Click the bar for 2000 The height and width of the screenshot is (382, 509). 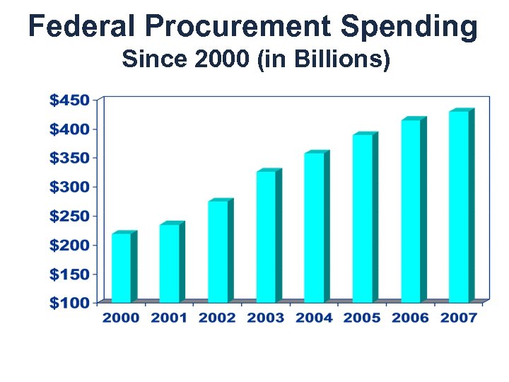pyautogui.click(x=122, y=267)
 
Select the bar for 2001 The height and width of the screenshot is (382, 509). pyautogui.click(x=170, y=263)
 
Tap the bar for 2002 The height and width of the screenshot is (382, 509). pyautogui.click(x=218, y=251)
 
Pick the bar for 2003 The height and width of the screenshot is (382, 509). pyautogui.click(x=266, y=236)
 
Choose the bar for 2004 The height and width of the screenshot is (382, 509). pyautogui.click(x=314, y=227)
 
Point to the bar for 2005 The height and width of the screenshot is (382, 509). pyautogui.click(x=362, y=218)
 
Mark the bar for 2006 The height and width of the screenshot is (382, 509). pyautogui.click(x=410, y=210)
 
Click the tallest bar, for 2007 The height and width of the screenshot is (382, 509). pyautogui.click(x=458, y=206)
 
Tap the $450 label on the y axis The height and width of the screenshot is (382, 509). pyautogui.click(x=69, y=100)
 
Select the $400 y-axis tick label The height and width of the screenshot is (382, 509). pyautogui.click(x=69, y=129)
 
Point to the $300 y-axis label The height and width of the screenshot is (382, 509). pyautogui.click(x=69, y=187)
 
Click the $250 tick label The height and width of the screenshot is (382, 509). pyautogui.click(x=69, y=216)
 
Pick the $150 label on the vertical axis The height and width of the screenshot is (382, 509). pyautogui.click(x=69, y=274)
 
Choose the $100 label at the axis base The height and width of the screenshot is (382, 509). pyautogui.click(x=69, y=303)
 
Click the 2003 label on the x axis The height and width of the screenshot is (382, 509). pyautogui.click(x=266, y=318)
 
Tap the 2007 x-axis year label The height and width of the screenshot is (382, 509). pyautogui.click(x=458, y=318)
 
